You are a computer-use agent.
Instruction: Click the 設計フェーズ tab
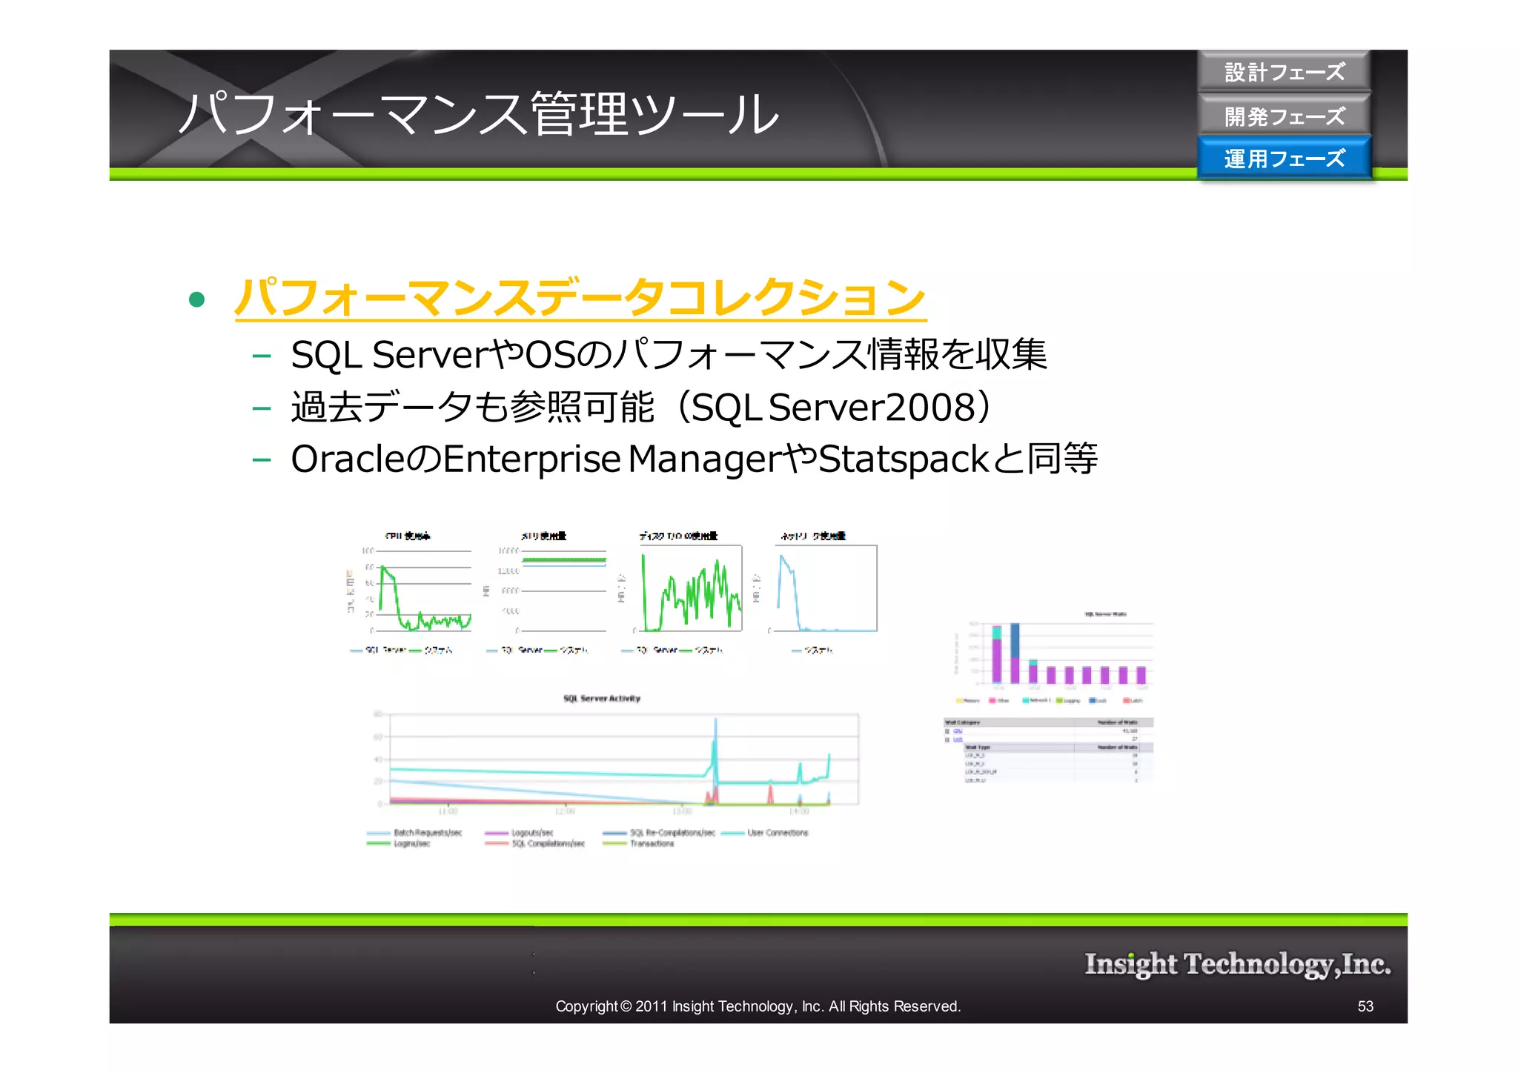click(x=1284, y=72)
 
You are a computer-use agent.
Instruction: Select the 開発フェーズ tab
click(x=1284, y=116)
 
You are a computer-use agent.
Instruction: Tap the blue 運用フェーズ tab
click(x=1284, y=158)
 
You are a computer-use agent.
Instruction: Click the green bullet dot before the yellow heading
click(x=196, y=299)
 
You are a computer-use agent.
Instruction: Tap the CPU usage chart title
click(x=407, y=535)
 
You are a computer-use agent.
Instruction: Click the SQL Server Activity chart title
click(x=601, y=698)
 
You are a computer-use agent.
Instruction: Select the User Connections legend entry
click(x=777, y=832)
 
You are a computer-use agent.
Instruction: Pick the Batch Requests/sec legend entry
click(x=427, y=832)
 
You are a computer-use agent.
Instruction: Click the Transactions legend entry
click(x=652, y=843)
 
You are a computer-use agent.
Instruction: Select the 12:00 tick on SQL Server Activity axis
click(x=565, y=811)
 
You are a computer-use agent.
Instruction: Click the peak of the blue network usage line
click(x=782, y=557)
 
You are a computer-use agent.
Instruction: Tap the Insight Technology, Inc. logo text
click(x=1237, y=963)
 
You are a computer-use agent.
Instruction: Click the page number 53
click(x=1365, y=1006)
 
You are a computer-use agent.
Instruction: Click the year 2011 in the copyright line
click(x=652, y=1006)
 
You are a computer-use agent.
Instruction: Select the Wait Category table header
click(x=962, y=722)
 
